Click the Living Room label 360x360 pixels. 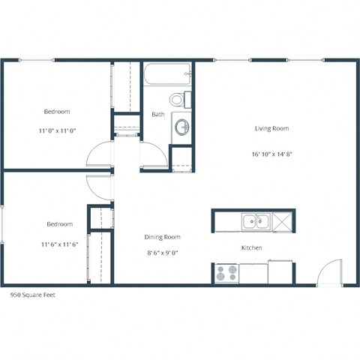tap(271, 128)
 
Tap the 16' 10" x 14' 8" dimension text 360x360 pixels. tap(271, 154)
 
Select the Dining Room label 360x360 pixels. tap(163, 237)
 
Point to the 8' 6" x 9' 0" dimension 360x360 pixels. tap(163, 254)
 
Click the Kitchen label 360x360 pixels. tap(251, 247)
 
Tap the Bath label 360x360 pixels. tap(158, 115)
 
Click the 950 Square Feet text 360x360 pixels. tap(33, 295)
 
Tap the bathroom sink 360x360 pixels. tap(182, 128)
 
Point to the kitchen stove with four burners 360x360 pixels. tap(227, 274)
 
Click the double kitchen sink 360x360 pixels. tap(256, 221)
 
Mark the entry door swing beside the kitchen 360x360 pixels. tap(328, 271)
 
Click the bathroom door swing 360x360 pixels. tap(153, 157)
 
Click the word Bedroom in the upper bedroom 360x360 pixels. tap(57, 112)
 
